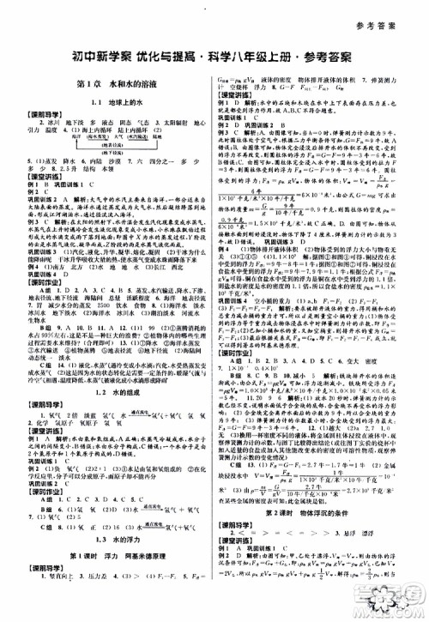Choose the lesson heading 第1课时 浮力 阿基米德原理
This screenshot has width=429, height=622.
coord(104,529)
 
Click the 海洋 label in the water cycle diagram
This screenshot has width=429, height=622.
coord(77,136)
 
